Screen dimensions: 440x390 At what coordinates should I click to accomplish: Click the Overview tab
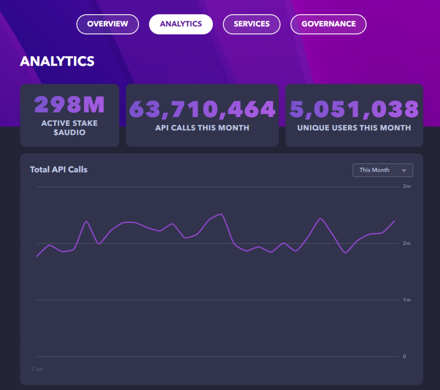click(107, 24)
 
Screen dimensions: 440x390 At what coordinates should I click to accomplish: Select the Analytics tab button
click(181, 24)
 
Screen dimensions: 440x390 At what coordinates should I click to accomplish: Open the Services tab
click(251, 24)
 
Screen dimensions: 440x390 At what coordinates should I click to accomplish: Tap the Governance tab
click(328, 24)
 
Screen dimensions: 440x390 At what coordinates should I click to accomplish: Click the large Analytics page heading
click(57, 61)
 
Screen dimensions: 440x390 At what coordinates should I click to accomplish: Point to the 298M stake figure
click(69, 105)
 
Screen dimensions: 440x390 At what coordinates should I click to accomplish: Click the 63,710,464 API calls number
click(202, 109)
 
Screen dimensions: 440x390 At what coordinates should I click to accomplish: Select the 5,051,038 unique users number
click(354, 109)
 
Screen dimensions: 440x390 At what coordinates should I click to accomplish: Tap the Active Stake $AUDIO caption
click(69, 128)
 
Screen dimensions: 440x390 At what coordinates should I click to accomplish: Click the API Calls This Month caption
click(202, 128)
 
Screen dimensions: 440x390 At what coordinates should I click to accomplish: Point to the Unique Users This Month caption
click(354, 128)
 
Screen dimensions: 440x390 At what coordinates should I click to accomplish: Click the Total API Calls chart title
click(58, 169)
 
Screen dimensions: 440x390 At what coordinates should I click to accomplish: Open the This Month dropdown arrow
click(404, 170)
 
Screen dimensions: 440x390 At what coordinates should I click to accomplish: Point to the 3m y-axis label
click(406, 186)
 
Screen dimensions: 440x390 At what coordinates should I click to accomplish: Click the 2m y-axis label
click(406, 243)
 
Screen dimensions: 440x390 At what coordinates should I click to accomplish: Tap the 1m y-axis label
click(406, 300)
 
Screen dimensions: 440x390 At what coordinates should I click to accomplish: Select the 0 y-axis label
click(404, 357)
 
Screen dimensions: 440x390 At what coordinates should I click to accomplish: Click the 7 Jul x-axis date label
click(37, 369)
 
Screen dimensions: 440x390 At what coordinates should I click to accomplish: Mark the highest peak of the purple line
click(222, 215)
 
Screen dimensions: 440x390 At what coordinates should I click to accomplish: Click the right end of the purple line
click(394, 221)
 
